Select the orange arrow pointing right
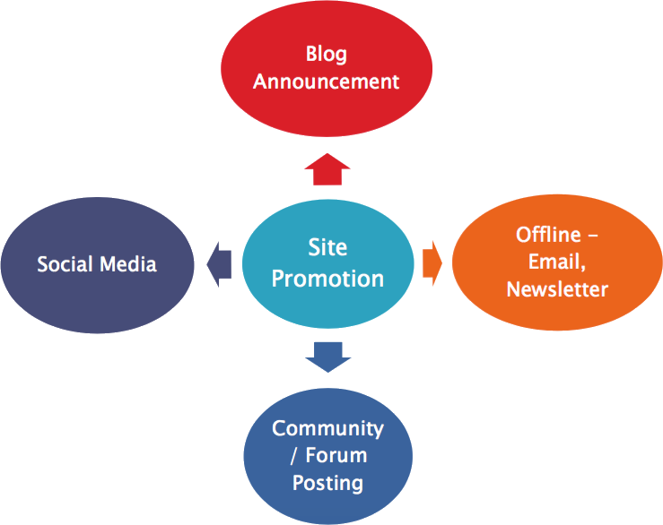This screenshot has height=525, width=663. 432,263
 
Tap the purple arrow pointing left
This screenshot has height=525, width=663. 218,263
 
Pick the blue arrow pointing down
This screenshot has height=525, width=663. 327,356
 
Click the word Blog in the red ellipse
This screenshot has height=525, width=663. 326,53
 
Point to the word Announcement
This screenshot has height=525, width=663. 326,82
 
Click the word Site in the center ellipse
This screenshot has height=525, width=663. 327,247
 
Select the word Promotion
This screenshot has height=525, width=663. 327,279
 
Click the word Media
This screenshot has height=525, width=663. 127,264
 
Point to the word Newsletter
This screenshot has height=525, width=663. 557,289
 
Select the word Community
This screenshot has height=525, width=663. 327,428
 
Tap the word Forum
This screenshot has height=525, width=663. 336,455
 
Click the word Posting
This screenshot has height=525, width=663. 327,483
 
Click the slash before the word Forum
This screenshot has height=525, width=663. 295,456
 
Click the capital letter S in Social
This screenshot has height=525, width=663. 42,264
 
